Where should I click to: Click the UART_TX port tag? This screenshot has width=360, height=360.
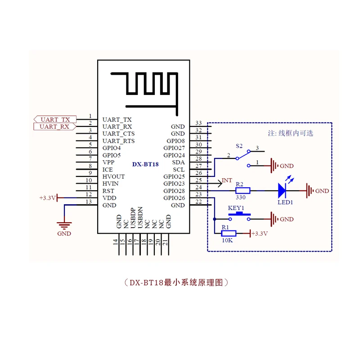(55, 119)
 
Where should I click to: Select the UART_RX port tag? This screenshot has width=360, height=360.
(55, 126)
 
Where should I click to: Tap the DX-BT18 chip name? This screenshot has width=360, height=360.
(145, 164)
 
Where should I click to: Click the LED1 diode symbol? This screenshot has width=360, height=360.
(282, 190)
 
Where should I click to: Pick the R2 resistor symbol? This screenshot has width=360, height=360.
(243, 190)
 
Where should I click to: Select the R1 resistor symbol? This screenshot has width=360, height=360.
(229, 234)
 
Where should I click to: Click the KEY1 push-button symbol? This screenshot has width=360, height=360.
(239, 216)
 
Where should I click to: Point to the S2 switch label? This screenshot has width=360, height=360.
(239, 146)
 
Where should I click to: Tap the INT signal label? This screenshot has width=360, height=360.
(227, 180)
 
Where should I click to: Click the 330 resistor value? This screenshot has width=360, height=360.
(241, 197)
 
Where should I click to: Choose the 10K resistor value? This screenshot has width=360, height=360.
(227, 240)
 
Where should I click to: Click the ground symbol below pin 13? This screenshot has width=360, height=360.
(64, 225)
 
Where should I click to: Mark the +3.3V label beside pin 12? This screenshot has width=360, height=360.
(48, 198)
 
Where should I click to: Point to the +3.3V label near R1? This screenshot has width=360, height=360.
(260, 234)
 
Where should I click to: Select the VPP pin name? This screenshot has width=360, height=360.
(108, 162)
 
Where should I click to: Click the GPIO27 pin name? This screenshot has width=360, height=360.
(174, 148)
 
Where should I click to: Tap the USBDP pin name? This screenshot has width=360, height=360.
(133, 218)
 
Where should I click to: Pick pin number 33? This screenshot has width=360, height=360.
(198, 123)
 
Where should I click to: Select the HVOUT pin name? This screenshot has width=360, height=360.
(113, 176)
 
